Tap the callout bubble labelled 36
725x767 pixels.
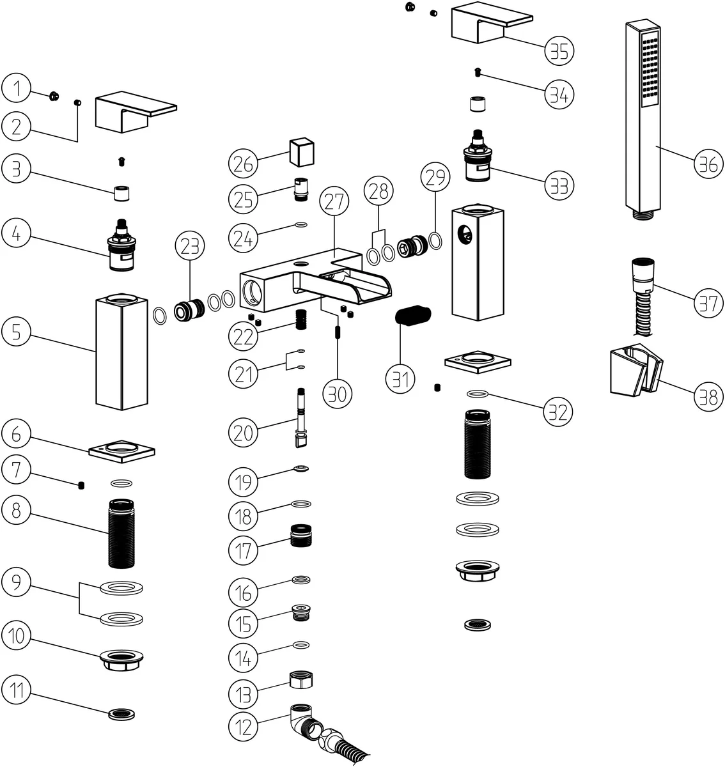click(x=708, y=165)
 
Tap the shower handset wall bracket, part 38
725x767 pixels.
click(x=635, y=369)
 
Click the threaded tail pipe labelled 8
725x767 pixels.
click(x=121, y=534)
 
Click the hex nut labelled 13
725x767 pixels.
click(x=300, y=680)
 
